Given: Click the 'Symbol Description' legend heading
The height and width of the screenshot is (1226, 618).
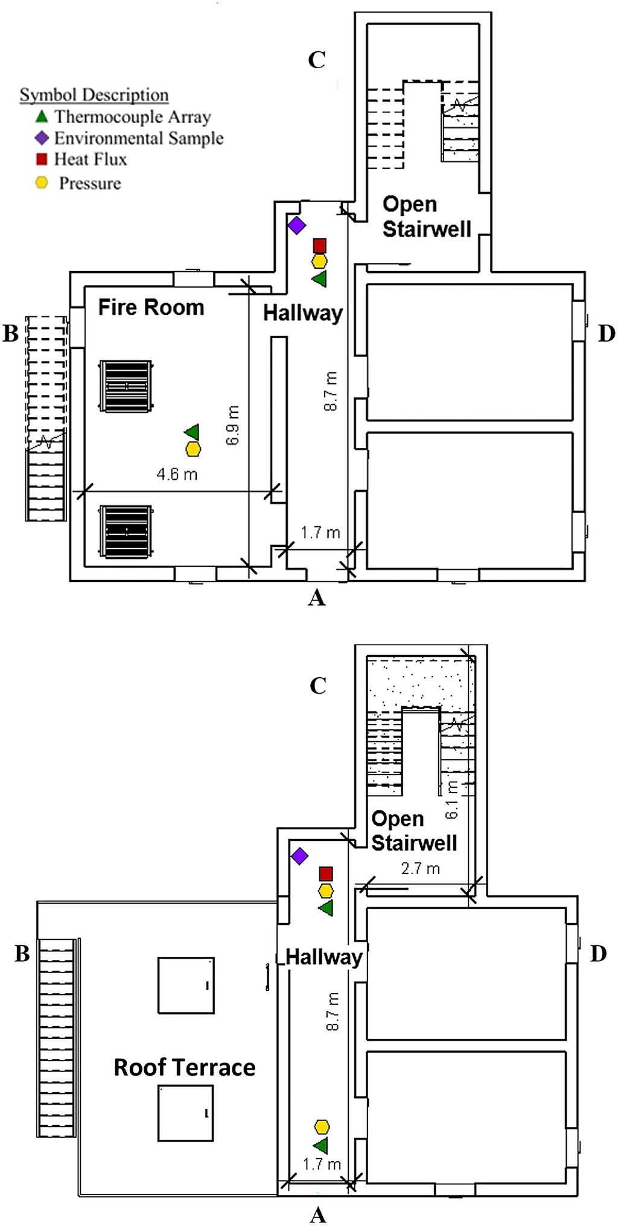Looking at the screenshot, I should coord(94,95).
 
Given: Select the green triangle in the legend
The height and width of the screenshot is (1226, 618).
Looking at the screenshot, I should coord(41,116).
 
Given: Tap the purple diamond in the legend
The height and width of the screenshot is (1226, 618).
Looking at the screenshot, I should coord(41,138).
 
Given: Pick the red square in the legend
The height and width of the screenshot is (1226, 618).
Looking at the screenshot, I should coord(41,159).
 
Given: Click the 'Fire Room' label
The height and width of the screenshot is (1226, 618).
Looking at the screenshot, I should coord(151,307).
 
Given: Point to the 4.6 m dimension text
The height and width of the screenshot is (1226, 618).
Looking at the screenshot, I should coord(177,474).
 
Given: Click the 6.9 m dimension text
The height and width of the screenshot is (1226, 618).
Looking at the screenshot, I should coord(233,425).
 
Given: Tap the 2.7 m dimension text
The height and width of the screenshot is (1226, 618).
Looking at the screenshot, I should coord(420,868).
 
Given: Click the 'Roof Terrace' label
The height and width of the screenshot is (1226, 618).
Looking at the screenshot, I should coord(184,1067).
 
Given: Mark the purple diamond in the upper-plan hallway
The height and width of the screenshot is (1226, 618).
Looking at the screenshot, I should coord(296,225).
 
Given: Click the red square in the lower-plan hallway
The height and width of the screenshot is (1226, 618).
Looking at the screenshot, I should coord(326,873).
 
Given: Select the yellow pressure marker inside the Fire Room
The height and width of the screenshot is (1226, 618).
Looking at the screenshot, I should coord(193,449).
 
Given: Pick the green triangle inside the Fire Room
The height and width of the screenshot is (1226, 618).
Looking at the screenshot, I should coord(192,432).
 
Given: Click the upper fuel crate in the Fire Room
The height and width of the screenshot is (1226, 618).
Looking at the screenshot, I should coord(126,386).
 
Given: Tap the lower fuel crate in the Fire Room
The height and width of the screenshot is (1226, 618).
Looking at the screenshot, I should coord(126,532).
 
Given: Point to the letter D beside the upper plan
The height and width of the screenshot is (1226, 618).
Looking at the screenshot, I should coord(606,333).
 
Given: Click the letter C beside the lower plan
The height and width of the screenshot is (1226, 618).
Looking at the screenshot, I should coord(317,686).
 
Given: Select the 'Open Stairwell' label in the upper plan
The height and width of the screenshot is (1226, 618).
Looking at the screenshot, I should coord(426,217).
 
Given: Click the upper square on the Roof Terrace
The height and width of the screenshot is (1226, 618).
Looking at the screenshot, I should coord(185,985).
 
